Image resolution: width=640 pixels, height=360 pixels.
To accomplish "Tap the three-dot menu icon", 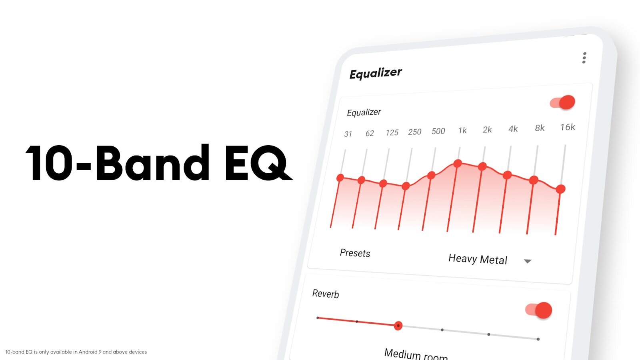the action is pyautogui.click(x=584, y=58).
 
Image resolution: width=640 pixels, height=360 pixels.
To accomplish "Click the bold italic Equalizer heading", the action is pyautogui.click(x=376, y=74).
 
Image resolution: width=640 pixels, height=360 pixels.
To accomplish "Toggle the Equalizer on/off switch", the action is pyautogui.click(x=562, y=102).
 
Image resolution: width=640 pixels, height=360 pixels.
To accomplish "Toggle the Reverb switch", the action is pyautogui.click(x=538, y=310).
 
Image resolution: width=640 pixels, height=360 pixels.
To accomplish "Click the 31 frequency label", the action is pyautogui.click(x=348, y=134).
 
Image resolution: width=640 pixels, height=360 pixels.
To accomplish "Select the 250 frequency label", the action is pyautogui.click(x=414, y=132).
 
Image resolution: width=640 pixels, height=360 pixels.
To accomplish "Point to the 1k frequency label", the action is pyautogui.click(x=462, y=130).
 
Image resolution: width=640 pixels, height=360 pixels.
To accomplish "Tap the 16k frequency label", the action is pyautogui.click(x=568, y=127).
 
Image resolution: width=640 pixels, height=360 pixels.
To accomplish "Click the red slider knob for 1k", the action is pyautogui.click(x=458, y=164).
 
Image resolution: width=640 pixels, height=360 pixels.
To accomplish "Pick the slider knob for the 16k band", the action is pyautogui.click(x=560, y=189).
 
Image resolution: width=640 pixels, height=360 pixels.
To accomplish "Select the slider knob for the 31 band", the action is pyautogui.click(x=340, y=178).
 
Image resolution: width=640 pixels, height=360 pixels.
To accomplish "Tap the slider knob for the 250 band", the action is pyautogui.click(x=406, y=186).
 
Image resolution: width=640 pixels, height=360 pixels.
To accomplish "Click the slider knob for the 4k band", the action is pyautogui.click(x=507, y=175).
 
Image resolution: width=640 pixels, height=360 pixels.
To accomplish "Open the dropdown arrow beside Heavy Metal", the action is pyautogui.click(x=528, y=261).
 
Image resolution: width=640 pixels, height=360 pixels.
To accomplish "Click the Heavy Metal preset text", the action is pyautogui.click(x=478, y=259).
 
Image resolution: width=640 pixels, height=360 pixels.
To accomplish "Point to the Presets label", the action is pyautogui.click(x=355, y=253).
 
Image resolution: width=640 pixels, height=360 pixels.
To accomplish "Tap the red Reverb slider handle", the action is pyautogui.click(x=398, y=326).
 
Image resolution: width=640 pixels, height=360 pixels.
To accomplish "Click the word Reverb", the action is pyautogui.click(x=326, y=294).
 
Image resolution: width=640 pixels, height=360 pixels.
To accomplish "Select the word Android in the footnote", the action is pyautogui.click(x=88, y=352).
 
